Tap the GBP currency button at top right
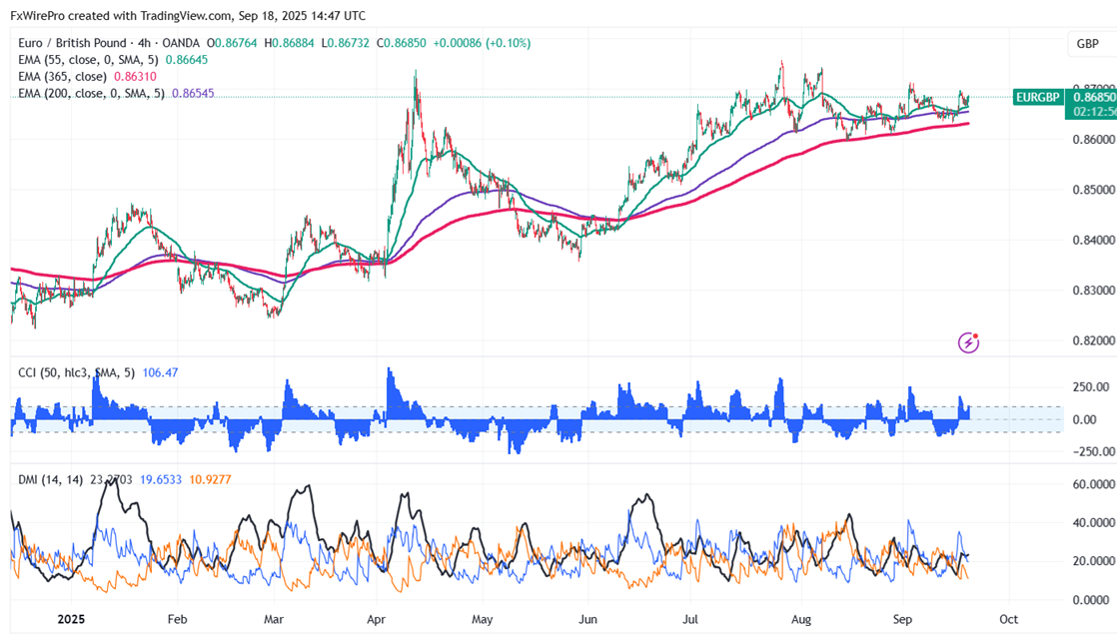[1087, 44]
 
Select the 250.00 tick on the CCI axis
[1092, 387]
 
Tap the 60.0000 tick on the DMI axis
[1093, 484]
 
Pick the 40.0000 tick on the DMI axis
[1093, 522]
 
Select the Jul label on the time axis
[689, 619]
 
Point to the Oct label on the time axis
[1009, 619]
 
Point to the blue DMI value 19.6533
[159, 480]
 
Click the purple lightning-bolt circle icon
[968, 342]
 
